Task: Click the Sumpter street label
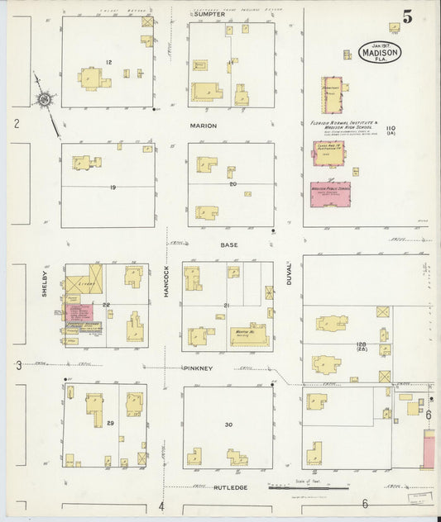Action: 210,15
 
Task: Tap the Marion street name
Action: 203,126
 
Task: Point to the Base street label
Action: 229,245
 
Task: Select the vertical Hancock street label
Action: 165,282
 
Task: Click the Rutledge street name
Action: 231,487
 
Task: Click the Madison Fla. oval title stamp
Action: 381,53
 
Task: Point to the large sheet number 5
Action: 407,16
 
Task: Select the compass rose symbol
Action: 45,102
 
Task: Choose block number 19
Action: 112,187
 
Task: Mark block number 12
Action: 109,62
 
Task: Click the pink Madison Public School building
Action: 330,194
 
